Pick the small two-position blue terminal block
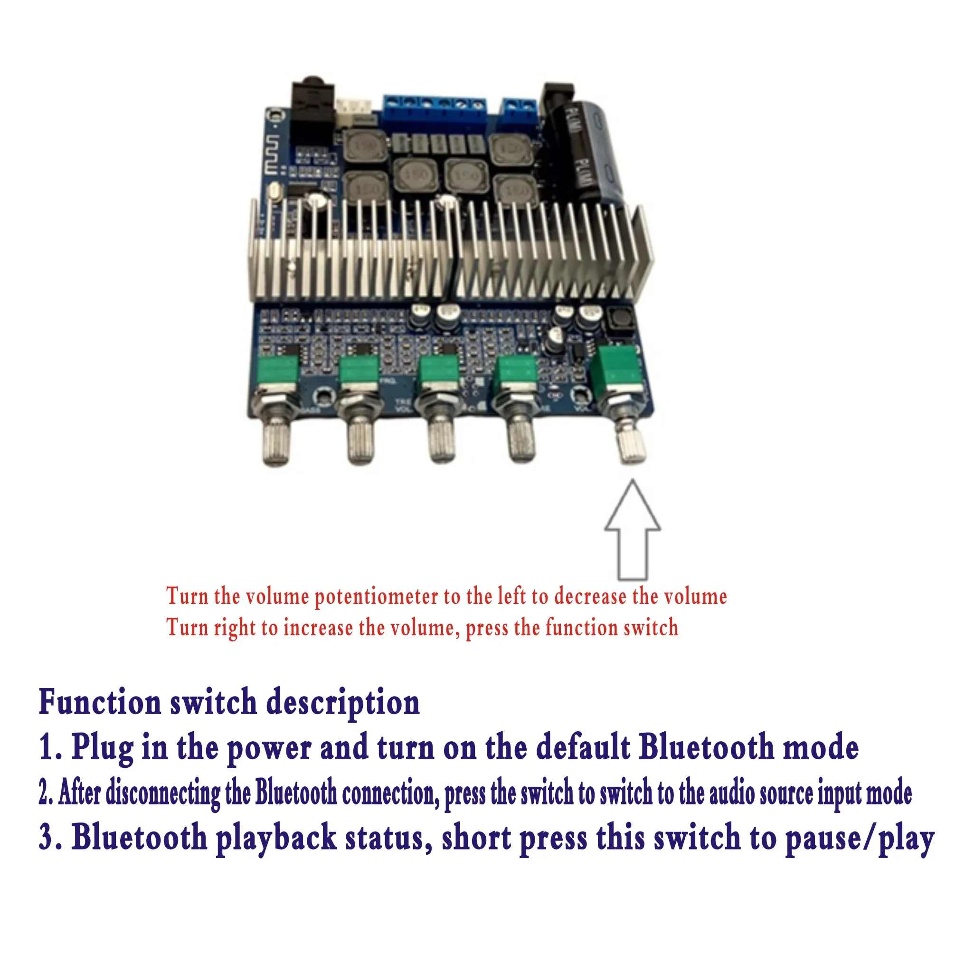(519, 112)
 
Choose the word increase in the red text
(318, 628)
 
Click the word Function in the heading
(100, 702)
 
